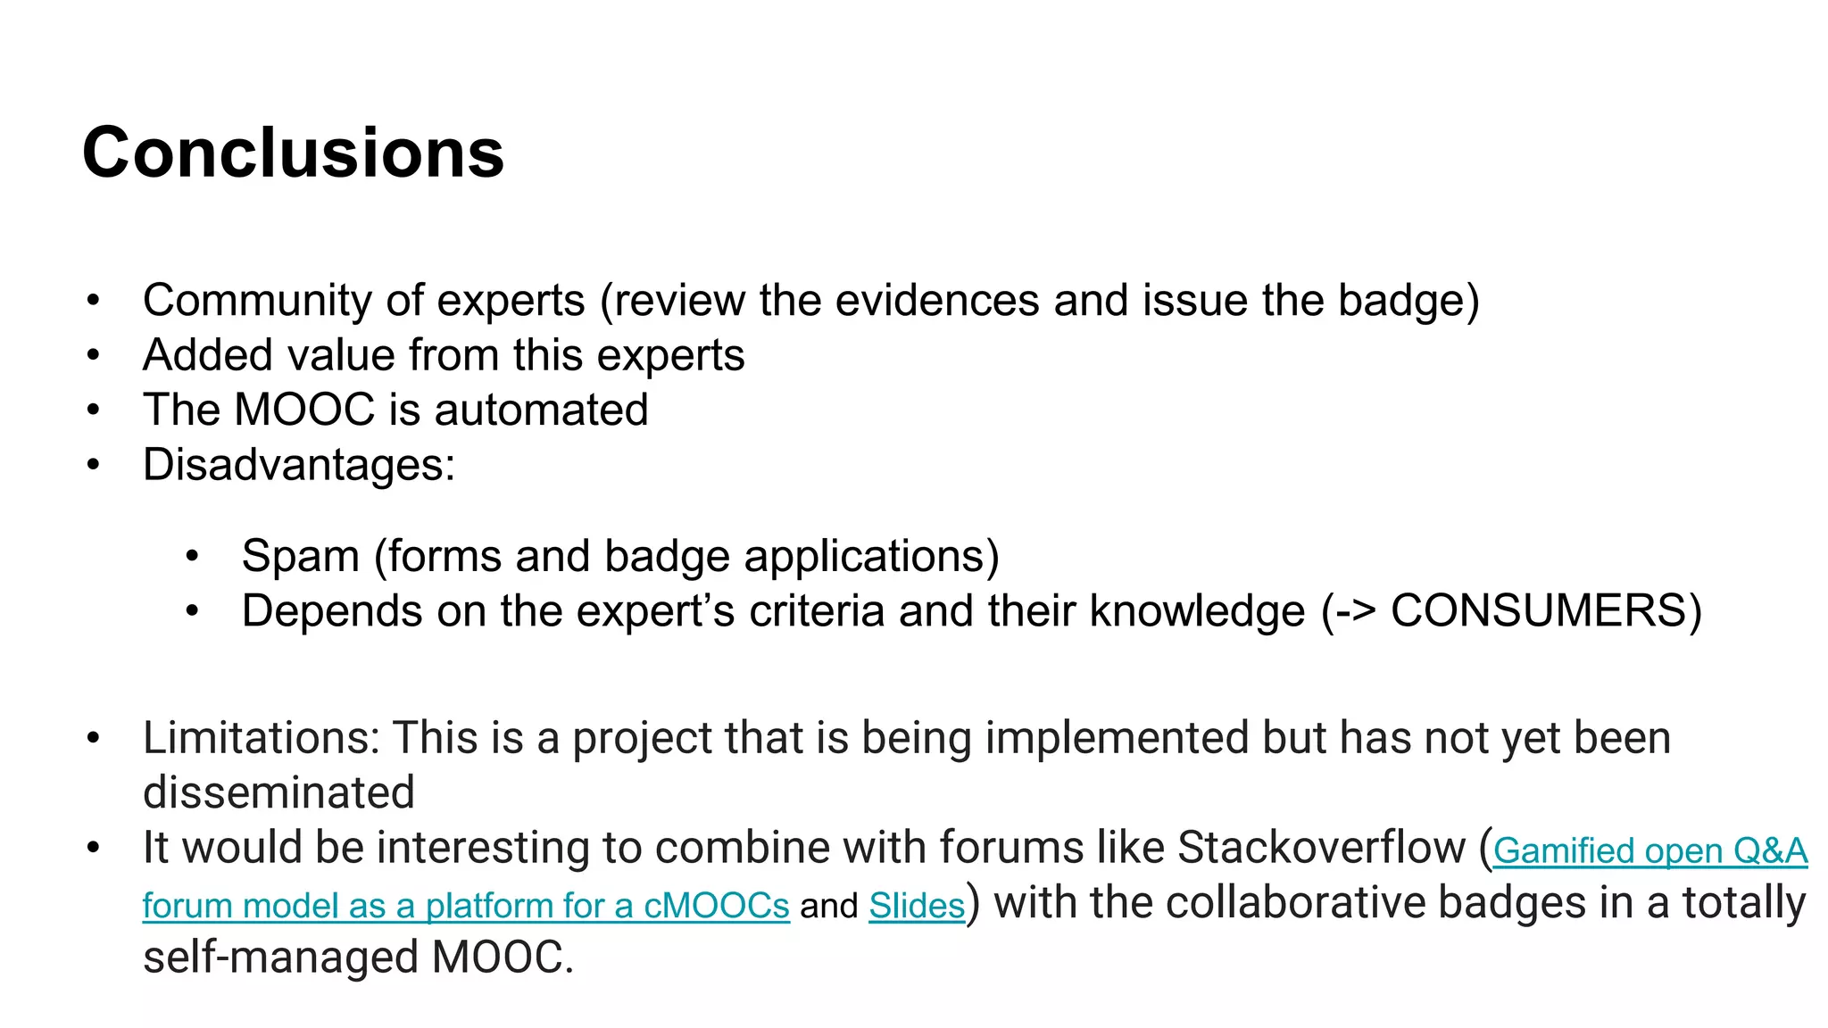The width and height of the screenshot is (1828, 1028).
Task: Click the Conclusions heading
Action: click(x=293, y=153)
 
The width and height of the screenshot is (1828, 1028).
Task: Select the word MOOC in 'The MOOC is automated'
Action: click(x=303, y=410)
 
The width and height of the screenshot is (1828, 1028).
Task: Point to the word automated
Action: click(x=541, y=410)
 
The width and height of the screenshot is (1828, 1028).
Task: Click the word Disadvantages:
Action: click(x=298, y=465)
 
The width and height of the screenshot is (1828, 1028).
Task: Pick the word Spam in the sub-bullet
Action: click(x=300, y=556)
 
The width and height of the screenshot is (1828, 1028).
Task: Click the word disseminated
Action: click(x=278, y=792)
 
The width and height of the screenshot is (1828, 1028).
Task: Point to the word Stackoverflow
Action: click(x=1322, y=847)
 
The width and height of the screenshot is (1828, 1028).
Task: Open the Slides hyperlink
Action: click(x=917, y=906)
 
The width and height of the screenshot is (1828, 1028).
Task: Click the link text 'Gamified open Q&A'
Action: click(x=1649, y=850)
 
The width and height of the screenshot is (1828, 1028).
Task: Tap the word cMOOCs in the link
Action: click(x=716, y=906)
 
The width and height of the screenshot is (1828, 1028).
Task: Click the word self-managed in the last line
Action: click(x=280, y=958)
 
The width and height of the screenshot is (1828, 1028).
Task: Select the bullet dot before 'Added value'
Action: click(x=94, y=356)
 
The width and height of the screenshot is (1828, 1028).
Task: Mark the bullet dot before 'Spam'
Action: click(x=192, y=557)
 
